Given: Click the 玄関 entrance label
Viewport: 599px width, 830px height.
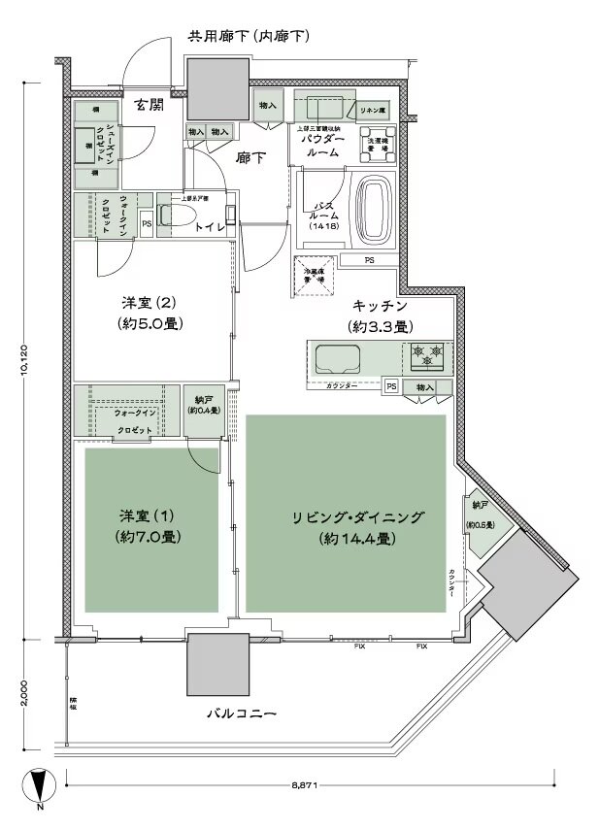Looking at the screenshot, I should pyautogui.click(x=149, y=105).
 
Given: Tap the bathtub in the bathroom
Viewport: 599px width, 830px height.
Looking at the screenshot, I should pyautogui.click(x=375, y=206).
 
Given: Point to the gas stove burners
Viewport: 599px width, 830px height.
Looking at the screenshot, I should pyautogui.click(x=428, y=357).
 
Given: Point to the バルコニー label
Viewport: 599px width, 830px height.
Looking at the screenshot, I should pyautogui.click(x=241, y=714).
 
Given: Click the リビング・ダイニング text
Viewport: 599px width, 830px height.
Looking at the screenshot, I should pyautogui.click(x=345, y=517).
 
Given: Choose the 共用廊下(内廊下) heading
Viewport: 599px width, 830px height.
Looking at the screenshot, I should pyautogui.click(x=249, y=38).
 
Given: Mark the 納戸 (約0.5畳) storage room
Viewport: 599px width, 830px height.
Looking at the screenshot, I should pyautogui.click(x=479, y=515).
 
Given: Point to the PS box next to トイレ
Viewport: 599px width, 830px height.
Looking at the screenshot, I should pyautogui.click(x=146, y=222).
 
